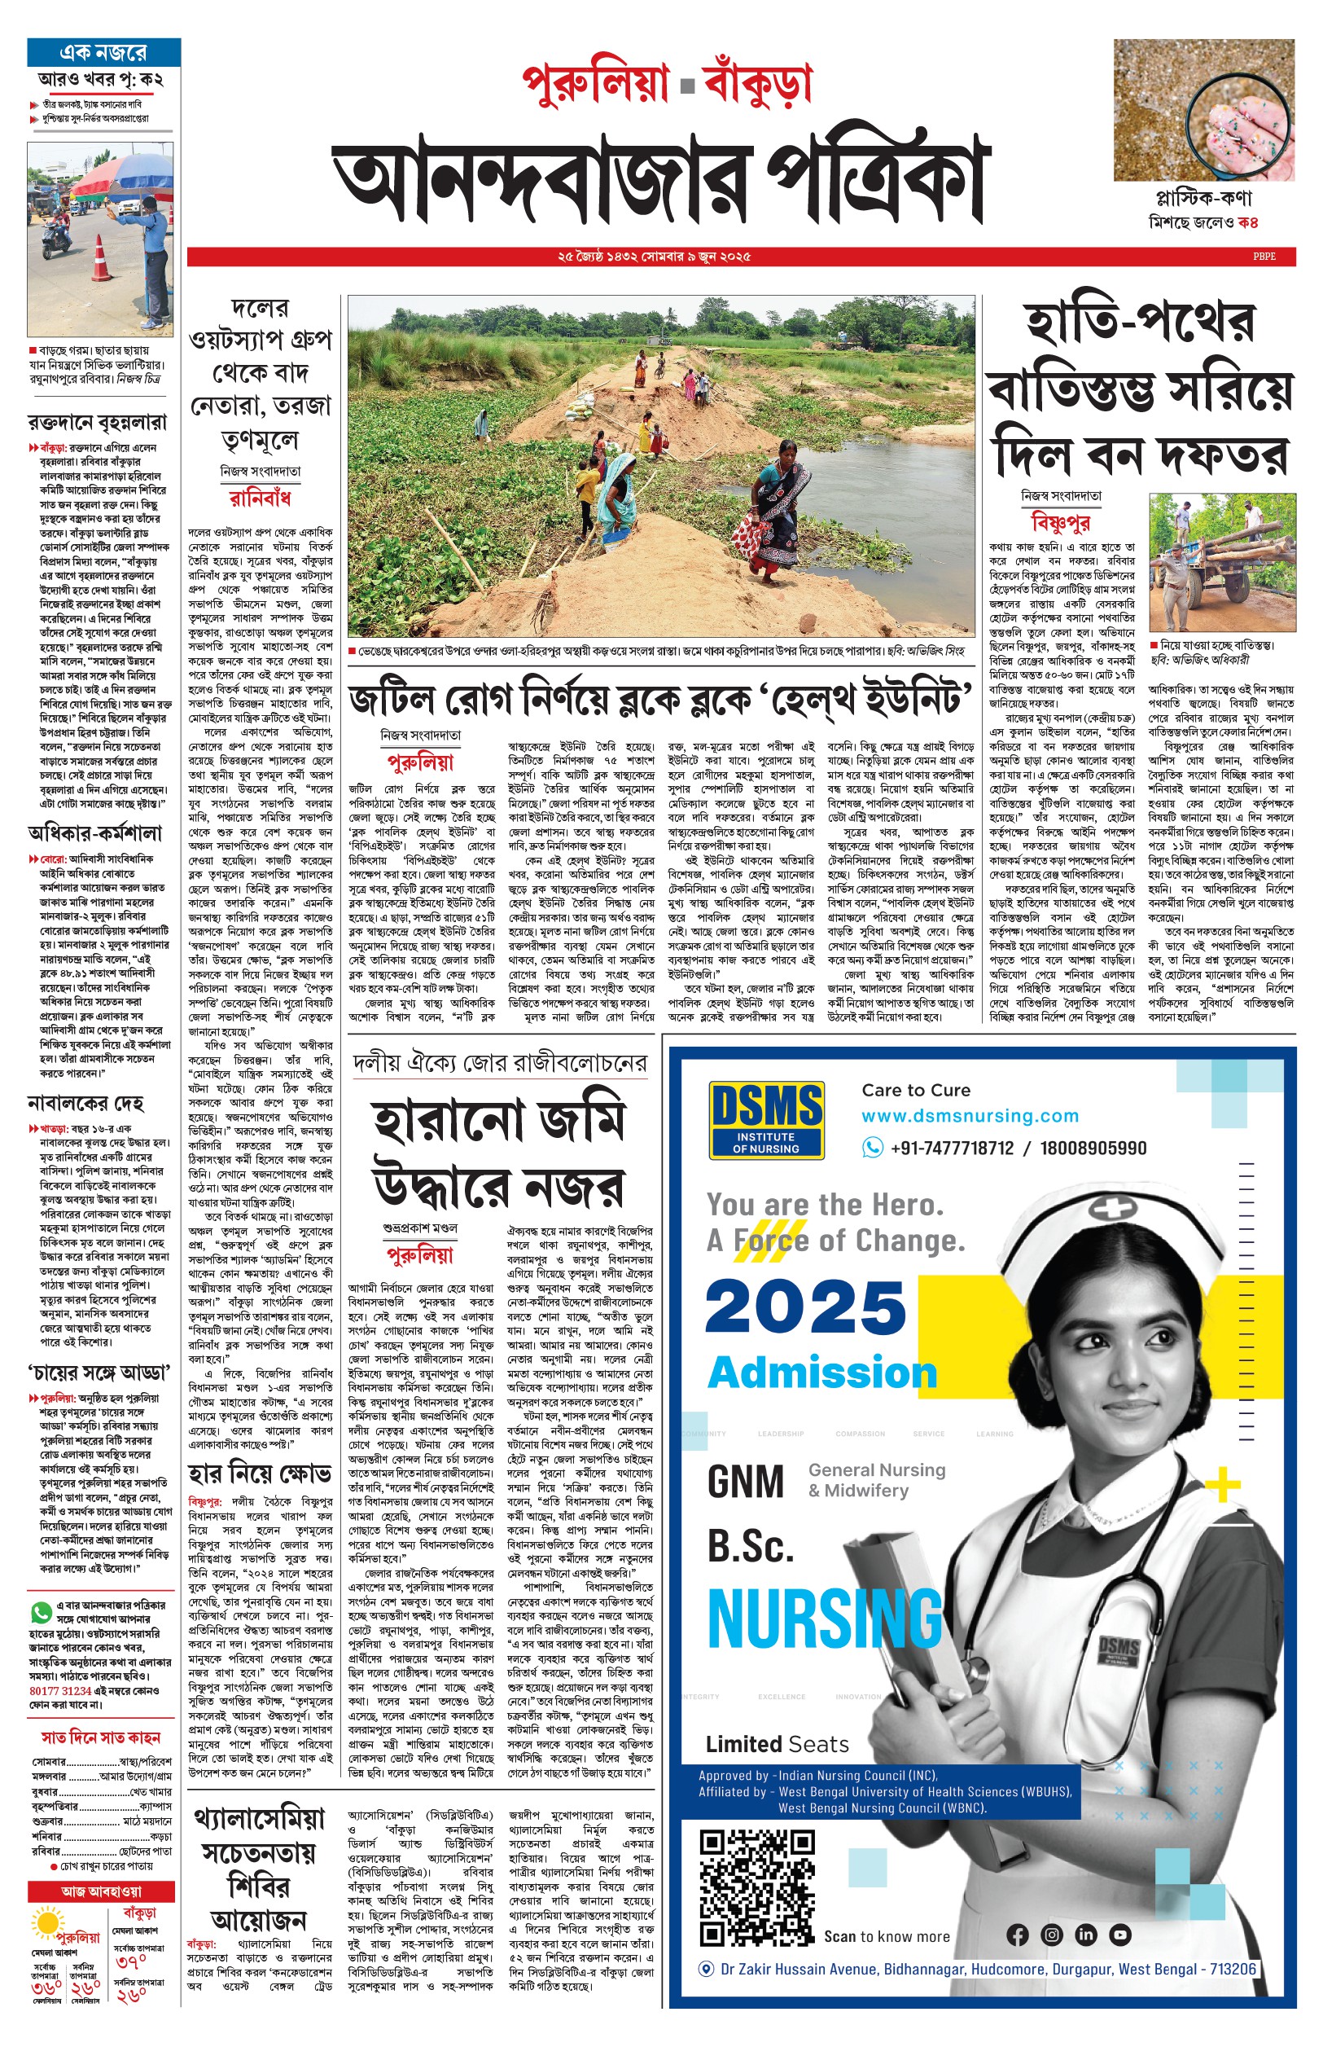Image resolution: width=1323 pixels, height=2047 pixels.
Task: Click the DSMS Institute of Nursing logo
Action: click(766, 1120)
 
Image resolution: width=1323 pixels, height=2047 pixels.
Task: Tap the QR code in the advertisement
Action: click(756, 1889)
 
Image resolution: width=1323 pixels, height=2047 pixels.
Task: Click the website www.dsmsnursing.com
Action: click(970, 1115)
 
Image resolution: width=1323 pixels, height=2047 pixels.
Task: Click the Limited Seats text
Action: click(777, 1745)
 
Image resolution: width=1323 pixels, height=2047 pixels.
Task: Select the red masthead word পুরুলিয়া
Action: click(595, 85)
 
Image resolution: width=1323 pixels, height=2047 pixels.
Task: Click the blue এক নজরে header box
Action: click(103, 51)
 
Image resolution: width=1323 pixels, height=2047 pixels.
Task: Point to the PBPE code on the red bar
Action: click(1264, 256)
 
